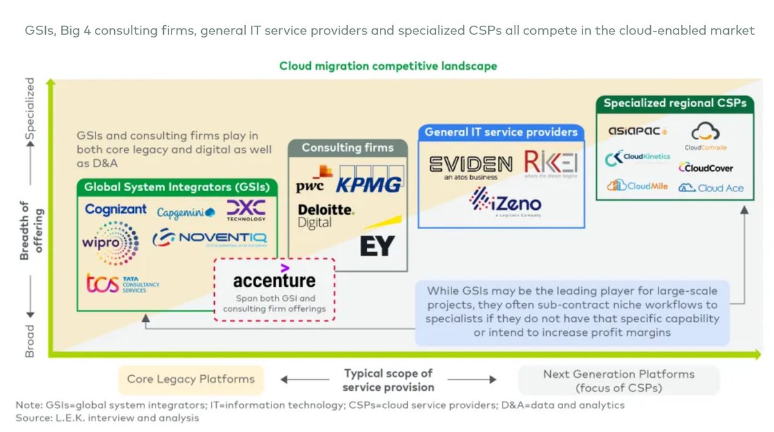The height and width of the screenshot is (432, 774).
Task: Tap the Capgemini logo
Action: (186, 213)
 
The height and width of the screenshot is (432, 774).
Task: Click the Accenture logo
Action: (274, 279)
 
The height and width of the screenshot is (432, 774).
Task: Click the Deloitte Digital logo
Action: (325, 216)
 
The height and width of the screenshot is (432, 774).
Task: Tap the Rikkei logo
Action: (550, 164)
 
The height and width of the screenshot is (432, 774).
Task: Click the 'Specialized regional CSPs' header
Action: (675, 103)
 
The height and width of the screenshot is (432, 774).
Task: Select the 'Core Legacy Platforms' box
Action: (190, 380)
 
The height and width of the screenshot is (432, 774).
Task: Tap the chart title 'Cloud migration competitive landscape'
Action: (388, 66)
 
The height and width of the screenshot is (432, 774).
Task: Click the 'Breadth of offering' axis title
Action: (30, 230)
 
